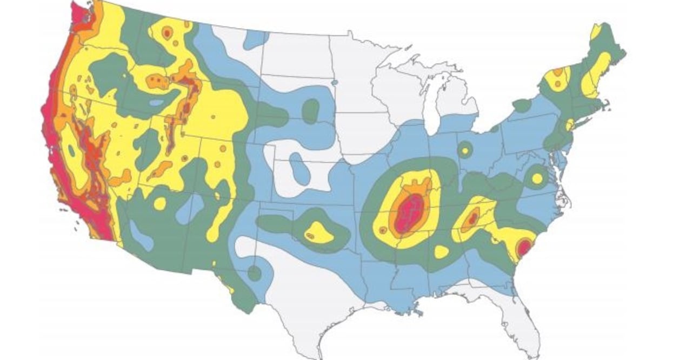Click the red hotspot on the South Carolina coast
(x=523, y=248)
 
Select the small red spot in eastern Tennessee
(x=472, y=218)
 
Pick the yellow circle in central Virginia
(x=537, y=178)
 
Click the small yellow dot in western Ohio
(x=464, y=150)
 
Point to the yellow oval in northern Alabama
(x=441, y=251)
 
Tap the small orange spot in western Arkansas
(x=383, y=230)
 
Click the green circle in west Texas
(x=254, y=273)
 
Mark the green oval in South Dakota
(x=311, y=111)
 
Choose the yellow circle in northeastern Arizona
(x=160, y=203)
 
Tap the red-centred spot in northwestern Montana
(x=167, y=34)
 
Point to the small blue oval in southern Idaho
(x=156, y=102)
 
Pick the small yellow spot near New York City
(x=569, y=125)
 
